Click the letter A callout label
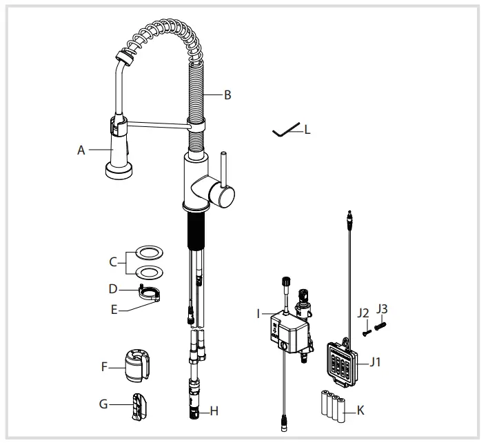81,150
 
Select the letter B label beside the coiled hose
227,95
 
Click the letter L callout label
307,129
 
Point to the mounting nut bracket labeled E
152,295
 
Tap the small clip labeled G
138,404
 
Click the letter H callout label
214,411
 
